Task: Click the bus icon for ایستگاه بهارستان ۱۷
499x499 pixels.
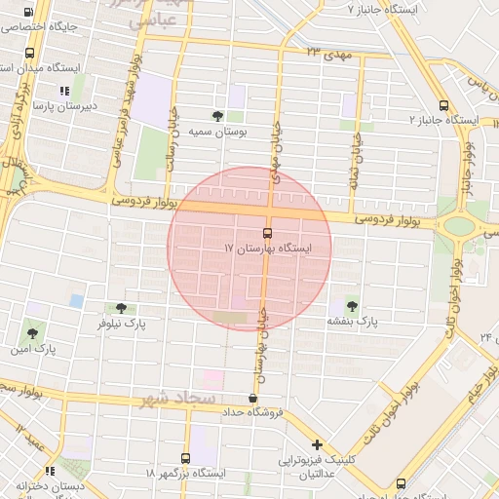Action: pyautogui.click(x=268, y=233)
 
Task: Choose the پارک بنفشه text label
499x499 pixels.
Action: pyautogui.click(x=352, y=321)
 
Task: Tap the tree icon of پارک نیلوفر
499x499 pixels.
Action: pyautogui.click(x=121, y=308)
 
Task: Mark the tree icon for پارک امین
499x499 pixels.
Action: pyautogui.click(x=32, y=333)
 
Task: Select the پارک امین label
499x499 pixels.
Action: pyautogui.click(x=33, y=348)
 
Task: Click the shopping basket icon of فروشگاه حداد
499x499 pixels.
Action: pyautogui.click(x=253, y=398)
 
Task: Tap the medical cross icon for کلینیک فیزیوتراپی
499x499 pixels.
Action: pyautogui.click(x=317, y=444)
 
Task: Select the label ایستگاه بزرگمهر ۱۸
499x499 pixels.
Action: pyautogui.click(x=185, y=473)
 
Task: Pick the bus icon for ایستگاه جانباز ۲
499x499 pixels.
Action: pyautogui.click(x=443, y=104)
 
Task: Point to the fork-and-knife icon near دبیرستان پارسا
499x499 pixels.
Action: pyautogui.click(x=64, y=91)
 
